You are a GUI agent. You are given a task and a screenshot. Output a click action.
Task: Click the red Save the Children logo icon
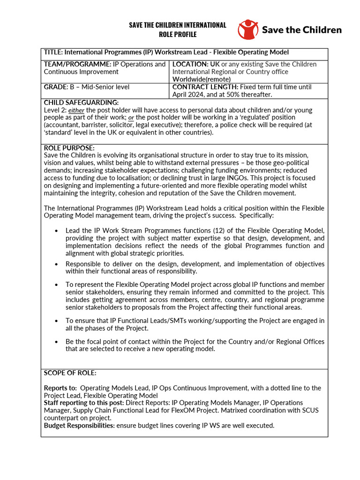point(247,30)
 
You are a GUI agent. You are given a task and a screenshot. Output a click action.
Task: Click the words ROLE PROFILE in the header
point(177,35)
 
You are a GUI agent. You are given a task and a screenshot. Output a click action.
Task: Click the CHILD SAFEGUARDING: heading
point(81,103)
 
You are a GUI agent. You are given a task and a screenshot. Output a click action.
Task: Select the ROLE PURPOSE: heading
point(69,148)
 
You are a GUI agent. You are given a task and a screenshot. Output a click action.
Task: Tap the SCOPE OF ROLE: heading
point(70,373)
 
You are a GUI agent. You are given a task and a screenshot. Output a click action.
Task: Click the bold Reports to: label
point(60,388)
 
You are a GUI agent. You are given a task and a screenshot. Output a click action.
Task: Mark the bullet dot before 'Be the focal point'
point(56,342)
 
